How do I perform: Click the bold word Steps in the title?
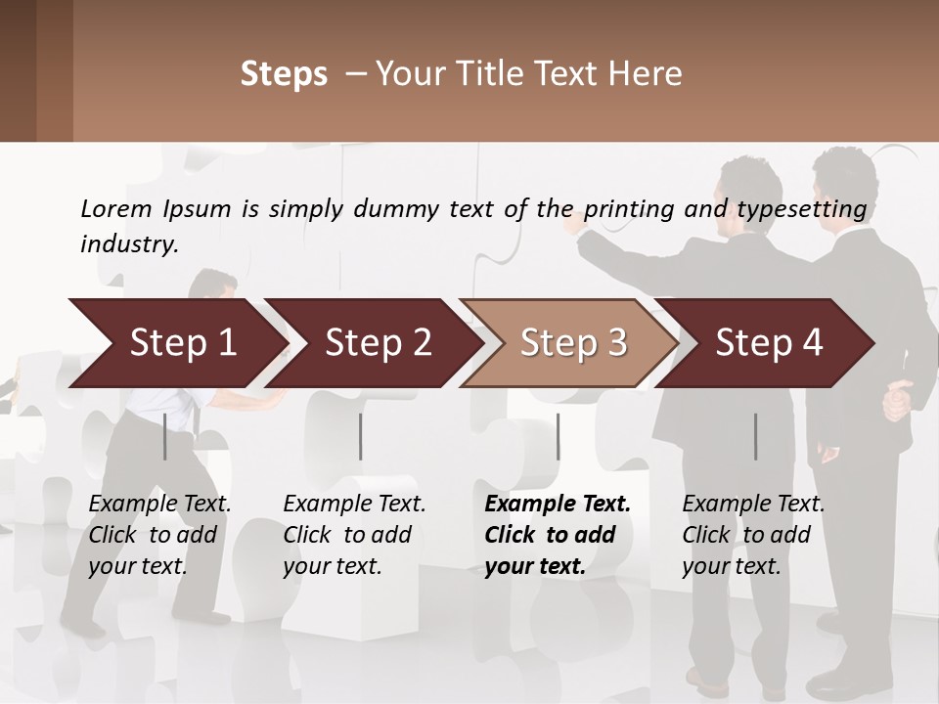click(x=284, y=74)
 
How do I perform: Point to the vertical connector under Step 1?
click(x=165, y=436)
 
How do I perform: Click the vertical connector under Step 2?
click(x=361, y=436)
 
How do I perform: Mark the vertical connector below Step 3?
click(x=558, y=436)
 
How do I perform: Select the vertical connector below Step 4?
click(x=755, y=436)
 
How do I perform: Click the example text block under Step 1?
click(x=159, y=535)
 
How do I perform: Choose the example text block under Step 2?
click(x=354, y=535)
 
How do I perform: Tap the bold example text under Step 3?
click(x=558, y=535)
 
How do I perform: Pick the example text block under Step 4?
click(x=753, y=535)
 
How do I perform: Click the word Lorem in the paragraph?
click(x=116, y=208)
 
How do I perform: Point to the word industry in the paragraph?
click(x=129, y=244)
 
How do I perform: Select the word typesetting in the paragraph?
click(x=801, y=209)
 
